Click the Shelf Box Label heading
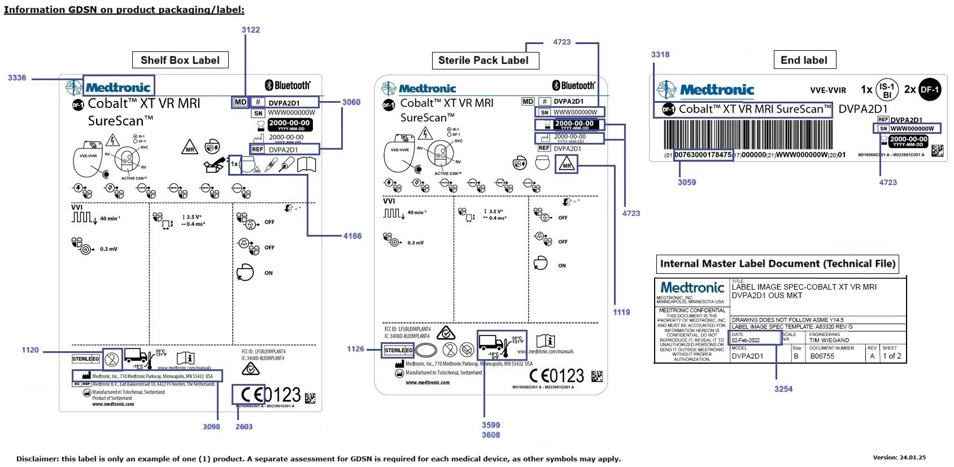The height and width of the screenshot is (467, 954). click(x=180, y=60)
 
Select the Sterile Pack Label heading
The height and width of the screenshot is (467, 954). click(x=483, y=60)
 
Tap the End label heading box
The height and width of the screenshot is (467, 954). click(x=804, y=60)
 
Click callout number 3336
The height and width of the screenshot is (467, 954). click(x=17, y=78)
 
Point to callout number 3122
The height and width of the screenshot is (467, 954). click(x=251, y=30)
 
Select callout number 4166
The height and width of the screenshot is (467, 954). click(x=352, y=236)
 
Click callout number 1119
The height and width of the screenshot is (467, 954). click(x=621, y=312)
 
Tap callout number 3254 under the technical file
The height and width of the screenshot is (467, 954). click(x=783, y=389)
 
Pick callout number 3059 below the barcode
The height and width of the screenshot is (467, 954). click(x=687, y=182)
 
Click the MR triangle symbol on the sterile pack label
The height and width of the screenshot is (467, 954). click(x=567, y=164)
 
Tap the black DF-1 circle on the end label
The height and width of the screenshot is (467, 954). click(x=929, y=89)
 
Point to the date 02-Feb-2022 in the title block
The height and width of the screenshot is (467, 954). click(x=746, y=341)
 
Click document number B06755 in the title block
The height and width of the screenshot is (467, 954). click(x=822, y=356)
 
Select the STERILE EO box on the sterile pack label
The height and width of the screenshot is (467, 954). click(x=398, y=351)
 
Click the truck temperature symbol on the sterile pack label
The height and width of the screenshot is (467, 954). click(x=501, y=345)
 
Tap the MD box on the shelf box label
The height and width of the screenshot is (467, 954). click(x=240, y=102)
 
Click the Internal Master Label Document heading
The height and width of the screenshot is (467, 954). click(x=777, y=264)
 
